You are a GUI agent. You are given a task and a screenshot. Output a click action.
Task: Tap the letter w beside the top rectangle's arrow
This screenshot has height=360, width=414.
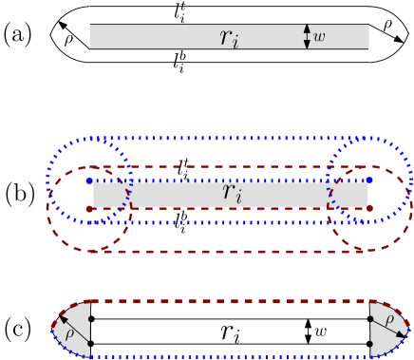pos(319,37)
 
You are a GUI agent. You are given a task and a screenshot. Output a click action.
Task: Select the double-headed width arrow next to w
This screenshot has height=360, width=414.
pos(307,36)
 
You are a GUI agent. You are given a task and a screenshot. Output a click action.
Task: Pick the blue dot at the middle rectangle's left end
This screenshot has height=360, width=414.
pos(88,180)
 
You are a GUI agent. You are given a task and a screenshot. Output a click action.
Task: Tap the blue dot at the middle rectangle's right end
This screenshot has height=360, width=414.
pos(369,180)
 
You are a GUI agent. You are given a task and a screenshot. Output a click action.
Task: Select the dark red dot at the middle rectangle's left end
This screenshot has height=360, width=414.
pos(88,208)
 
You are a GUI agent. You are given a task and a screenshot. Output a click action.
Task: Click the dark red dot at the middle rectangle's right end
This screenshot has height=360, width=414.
pos(369,208)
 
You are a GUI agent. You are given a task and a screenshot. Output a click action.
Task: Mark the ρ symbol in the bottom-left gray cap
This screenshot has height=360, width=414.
pos(69,333)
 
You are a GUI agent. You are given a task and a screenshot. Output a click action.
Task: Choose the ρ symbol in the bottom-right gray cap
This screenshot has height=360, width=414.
pos(390,320)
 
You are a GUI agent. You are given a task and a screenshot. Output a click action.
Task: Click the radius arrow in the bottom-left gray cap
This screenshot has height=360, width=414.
pos(78,328)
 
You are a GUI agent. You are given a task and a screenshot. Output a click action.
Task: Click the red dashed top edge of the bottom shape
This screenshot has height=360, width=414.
pos(228,301)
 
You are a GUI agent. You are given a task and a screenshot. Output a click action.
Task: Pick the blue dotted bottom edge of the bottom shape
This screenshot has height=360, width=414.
pos(228,356)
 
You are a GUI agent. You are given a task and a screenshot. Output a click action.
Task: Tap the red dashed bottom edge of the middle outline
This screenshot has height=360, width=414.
pos(228,251)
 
